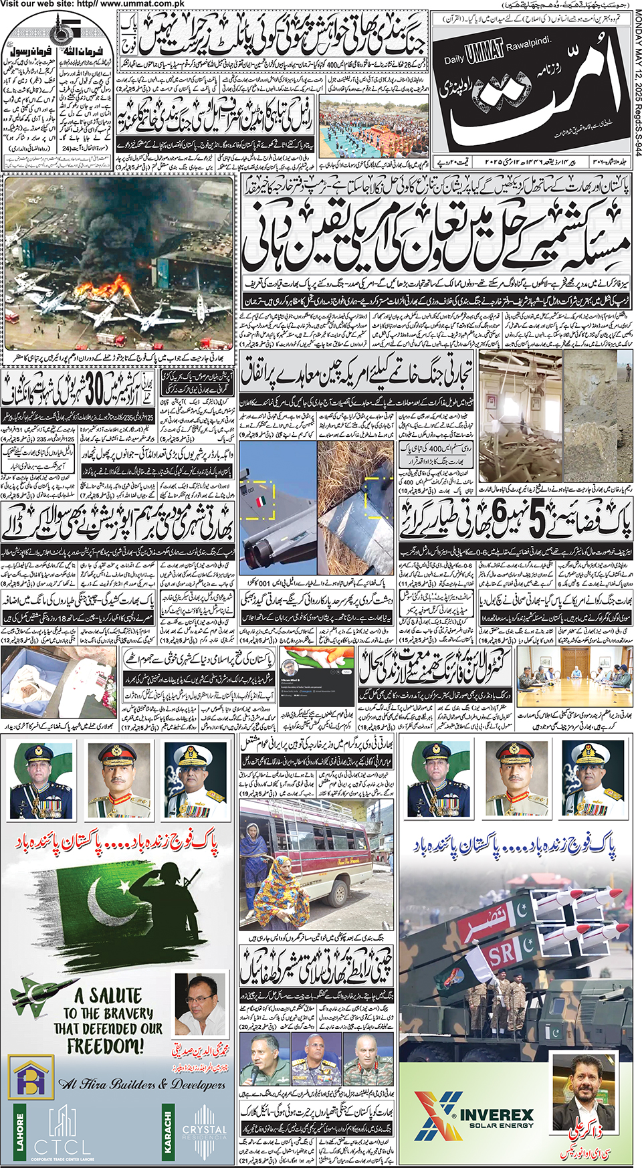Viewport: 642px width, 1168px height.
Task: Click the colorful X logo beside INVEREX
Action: pos(435,1115)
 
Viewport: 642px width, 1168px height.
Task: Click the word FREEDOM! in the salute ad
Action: pos(106,1045)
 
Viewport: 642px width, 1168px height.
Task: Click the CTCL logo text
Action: pos(63,1147)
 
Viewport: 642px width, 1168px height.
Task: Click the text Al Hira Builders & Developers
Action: pos(142,1084)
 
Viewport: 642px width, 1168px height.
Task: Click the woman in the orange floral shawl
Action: pos(281,893)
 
